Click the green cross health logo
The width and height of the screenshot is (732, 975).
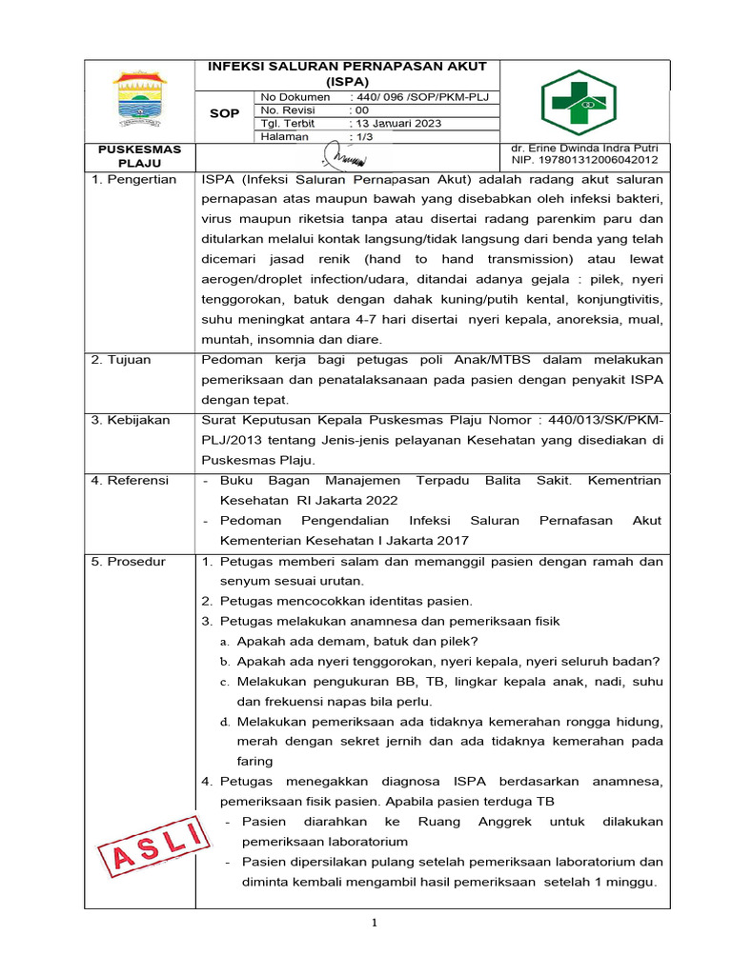coord(579,102)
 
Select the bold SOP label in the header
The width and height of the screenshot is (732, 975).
coord(225,113)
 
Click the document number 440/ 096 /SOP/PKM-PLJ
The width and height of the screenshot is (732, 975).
coord(419,97)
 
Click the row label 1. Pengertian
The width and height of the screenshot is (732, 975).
coord(133,179)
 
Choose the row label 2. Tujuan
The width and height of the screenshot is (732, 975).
coord(122,360)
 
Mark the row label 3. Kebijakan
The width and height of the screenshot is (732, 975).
coord(131,420)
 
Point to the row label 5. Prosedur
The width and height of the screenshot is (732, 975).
coord(129,562)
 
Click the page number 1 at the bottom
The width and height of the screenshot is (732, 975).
coord(376,923)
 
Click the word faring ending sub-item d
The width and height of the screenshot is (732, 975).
coord(255,761)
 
